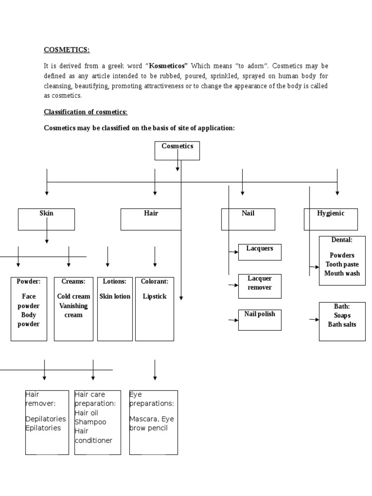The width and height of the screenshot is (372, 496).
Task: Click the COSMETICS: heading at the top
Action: [67, 50]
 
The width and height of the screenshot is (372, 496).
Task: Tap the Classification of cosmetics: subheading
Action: [86, 112]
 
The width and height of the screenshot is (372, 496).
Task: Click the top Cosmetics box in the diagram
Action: [177, 150]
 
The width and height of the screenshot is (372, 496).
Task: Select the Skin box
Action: [46, 219]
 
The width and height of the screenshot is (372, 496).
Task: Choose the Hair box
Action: [151, 219]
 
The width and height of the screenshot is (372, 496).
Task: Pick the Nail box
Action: [248, 219]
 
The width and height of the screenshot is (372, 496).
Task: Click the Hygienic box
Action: [330, 219]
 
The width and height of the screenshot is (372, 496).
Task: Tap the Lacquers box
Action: [260, 252]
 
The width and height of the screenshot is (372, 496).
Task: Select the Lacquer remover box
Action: [260, 286]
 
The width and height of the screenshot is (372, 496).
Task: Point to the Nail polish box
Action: [260, 320]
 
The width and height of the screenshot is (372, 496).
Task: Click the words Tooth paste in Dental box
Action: [342, 264]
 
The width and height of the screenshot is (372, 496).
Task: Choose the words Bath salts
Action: [342, 324]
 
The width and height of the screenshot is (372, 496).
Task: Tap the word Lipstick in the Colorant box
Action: [155, 296]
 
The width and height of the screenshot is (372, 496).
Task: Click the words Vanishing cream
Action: [74, 310]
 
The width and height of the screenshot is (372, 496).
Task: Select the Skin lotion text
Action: [115, 296]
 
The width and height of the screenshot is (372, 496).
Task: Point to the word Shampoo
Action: [90, 422]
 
